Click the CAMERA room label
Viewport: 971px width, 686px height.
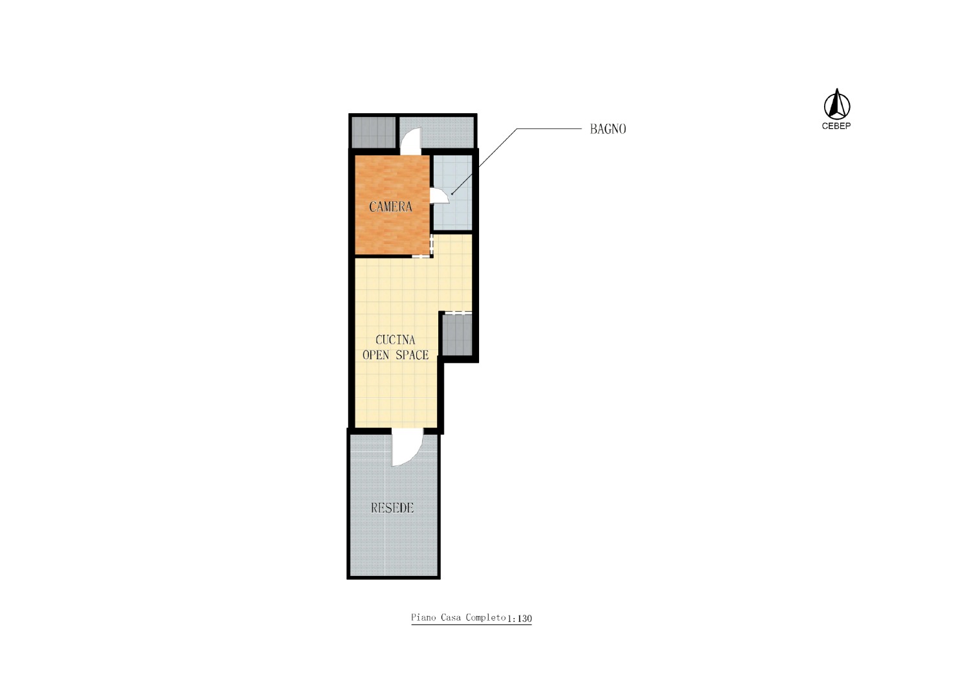390,206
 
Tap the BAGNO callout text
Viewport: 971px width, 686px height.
608,129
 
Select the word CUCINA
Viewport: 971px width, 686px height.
396,339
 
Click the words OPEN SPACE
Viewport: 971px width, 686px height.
396,355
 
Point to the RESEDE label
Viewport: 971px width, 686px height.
392,507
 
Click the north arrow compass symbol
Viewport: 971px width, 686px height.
836,105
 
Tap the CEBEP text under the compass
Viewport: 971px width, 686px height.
836,126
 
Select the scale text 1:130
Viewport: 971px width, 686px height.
519,619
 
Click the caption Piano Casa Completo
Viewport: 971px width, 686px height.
458,617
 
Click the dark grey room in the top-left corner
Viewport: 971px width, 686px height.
374,132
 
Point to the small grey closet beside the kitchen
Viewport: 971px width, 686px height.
457,335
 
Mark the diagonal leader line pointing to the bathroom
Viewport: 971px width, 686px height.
484,161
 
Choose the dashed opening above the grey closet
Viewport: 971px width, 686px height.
458,313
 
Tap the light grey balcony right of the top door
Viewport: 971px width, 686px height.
448,132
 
